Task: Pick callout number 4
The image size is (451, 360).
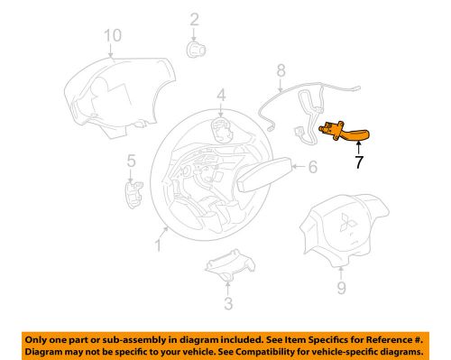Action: [x=220, y=94]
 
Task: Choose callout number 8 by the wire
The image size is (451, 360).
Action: [x=281, y=69]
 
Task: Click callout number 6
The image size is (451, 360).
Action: [x=313, y=167]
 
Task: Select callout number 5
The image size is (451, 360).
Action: [x=131, y=161]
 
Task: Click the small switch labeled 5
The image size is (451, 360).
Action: [x=134, y=189]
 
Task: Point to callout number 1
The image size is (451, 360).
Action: [x=160, y=243]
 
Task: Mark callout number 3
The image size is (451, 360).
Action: [x=228, y=303]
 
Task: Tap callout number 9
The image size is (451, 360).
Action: [x=340, y=290]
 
